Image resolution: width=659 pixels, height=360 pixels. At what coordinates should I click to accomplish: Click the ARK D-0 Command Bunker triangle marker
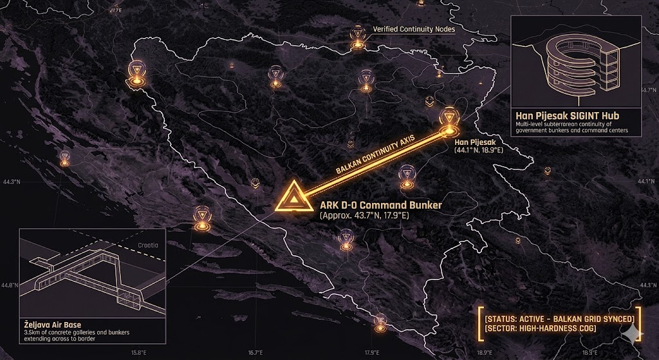coord(293,197)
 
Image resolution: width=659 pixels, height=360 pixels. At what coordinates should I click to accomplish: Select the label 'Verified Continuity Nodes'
coord(414,30)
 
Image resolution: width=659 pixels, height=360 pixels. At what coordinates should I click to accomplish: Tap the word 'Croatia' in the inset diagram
coord(153,245)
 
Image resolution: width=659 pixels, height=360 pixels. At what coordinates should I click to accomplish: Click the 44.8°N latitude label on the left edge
coord(10,285)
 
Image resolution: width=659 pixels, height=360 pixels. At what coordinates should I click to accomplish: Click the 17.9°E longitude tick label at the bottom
coord(371,352)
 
